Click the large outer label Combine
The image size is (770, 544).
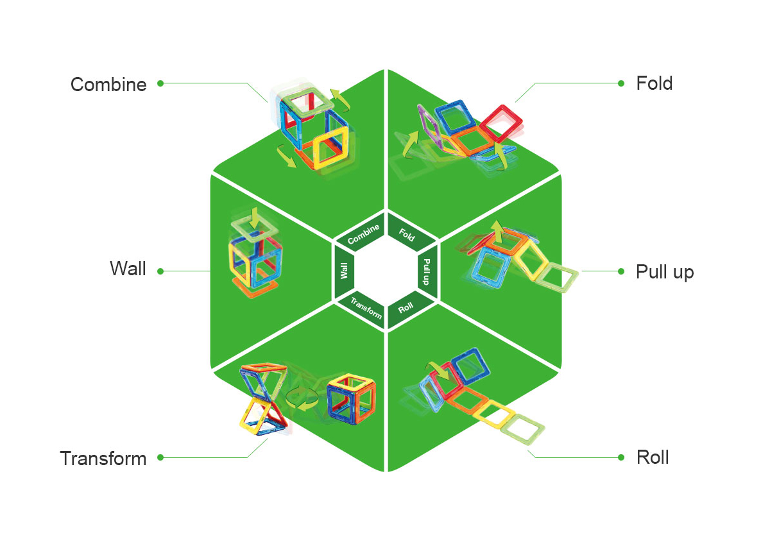108,85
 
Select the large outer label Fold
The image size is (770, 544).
654,83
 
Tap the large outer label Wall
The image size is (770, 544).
128,268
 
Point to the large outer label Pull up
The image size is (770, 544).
665,272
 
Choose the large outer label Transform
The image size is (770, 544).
103,459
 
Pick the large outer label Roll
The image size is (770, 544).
653,457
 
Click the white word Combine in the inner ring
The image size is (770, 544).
363,234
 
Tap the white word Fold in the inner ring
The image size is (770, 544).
407,235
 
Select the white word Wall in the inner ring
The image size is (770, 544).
344,271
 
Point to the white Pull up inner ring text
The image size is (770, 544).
427,272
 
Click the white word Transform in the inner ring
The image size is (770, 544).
366,308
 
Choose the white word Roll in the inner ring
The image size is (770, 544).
406,308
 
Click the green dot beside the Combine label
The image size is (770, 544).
160,83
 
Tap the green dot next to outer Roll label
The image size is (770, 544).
621,457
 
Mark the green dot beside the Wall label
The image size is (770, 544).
160,271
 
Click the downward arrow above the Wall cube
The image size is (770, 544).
254,218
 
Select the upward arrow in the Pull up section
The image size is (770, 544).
497,231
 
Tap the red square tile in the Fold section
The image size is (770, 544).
502,123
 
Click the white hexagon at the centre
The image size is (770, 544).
386,271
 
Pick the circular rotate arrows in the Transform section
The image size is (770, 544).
302,398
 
